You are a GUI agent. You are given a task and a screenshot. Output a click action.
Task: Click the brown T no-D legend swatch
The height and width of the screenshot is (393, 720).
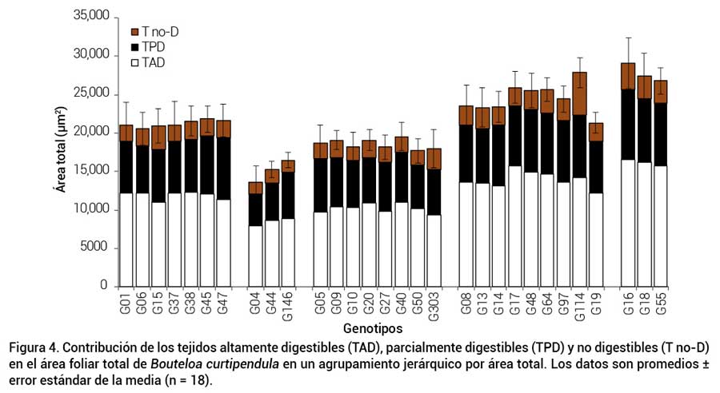(135, 32)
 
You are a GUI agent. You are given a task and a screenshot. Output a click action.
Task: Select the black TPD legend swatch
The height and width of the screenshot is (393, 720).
(135, 47)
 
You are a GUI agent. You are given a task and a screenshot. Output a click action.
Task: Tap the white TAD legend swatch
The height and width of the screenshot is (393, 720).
(135, 62)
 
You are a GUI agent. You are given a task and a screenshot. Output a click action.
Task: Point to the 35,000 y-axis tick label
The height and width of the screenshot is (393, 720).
(90, 16)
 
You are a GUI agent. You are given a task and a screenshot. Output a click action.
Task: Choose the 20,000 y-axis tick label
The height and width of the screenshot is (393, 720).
(90, 132)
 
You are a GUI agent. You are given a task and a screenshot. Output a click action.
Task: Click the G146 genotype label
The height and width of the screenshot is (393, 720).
(288, 307)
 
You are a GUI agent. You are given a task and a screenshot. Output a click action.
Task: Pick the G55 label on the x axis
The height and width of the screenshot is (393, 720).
(661, 304)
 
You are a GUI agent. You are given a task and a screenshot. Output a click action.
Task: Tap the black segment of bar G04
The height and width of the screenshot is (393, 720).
(255, 209)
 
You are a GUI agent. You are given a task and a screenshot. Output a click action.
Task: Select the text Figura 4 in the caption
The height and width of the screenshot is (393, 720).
(33, 349)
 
